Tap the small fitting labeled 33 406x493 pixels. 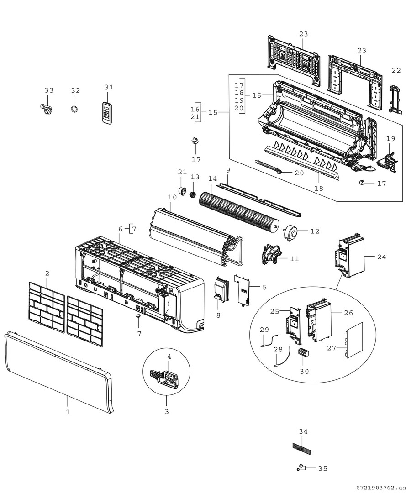click(x=46, y=109)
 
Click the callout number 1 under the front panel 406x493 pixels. click(x=68, y=412)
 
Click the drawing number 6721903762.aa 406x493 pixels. click(x=379, y=488)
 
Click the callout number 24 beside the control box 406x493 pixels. click(x=381, y=257)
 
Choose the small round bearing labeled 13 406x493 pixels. click(x=193, y=195)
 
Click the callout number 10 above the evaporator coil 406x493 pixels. click(x=172, y=197)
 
